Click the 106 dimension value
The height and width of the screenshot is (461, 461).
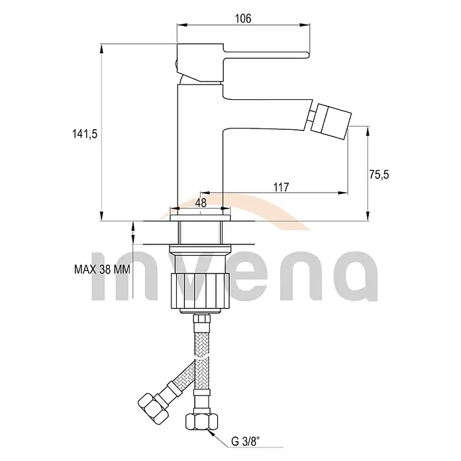pos(243,19)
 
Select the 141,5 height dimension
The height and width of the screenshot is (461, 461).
pos(85,134)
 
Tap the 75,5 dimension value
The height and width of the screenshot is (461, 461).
pos(380,175)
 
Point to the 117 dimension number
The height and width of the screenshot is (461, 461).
pos(281,187)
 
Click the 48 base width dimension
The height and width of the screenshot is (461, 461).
pos(201,202)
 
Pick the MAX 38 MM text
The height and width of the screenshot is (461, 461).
pos(102,270)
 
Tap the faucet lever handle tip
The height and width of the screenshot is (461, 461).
pos(307,55)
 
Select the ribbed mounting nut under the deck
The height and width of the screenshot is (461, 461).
pos(200,291)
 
